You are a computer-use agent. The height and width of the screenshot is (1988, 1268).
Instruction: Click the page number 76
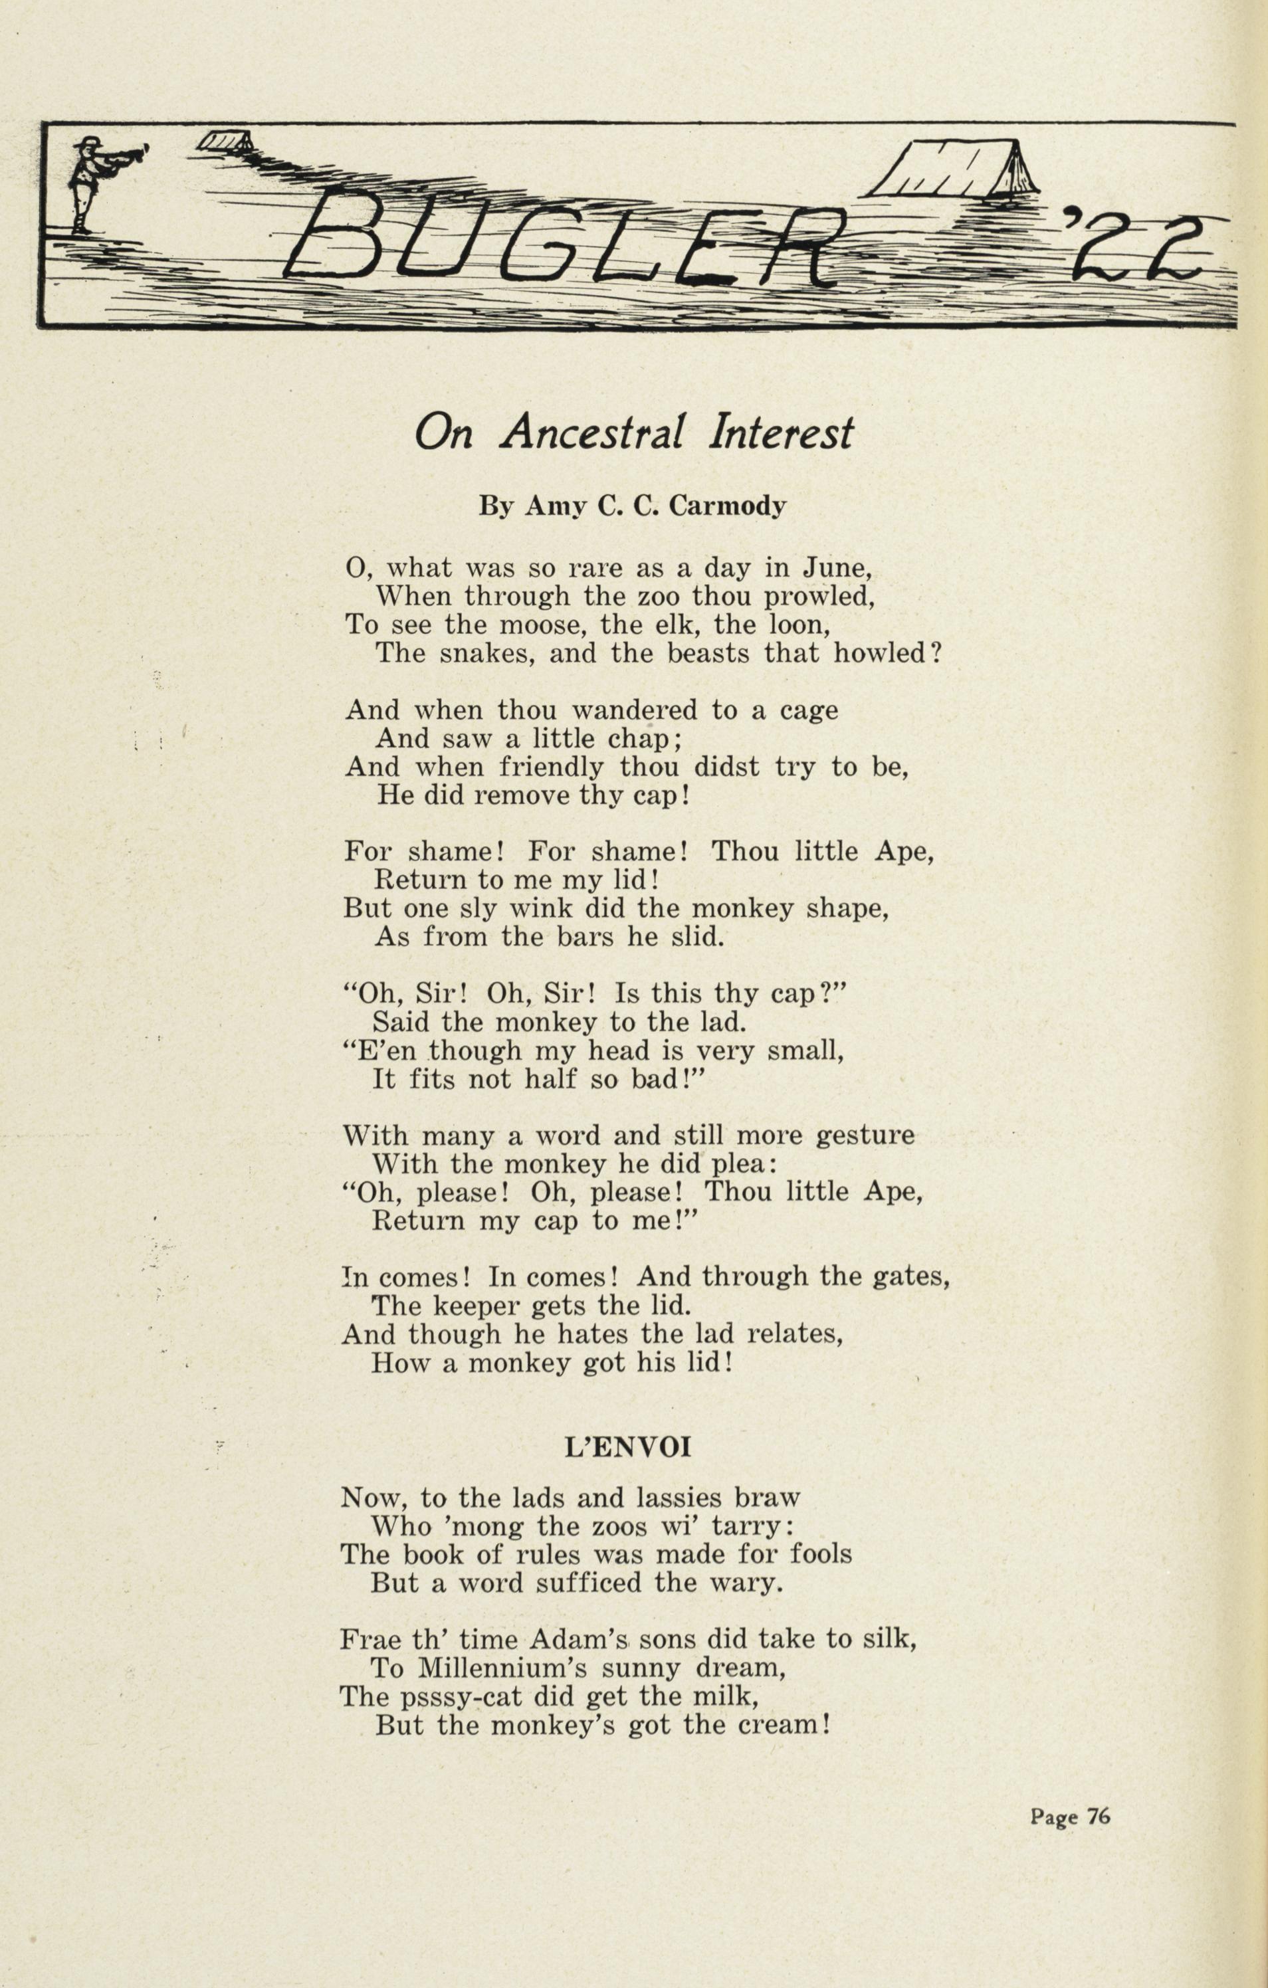[x=1098, y=1817]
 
